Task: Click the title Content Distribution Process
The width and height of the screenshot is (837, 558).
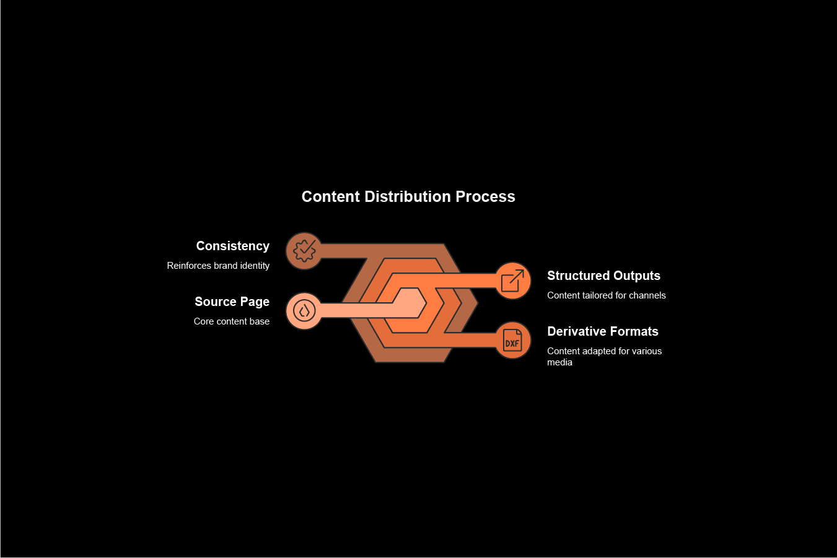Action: pos(408,196)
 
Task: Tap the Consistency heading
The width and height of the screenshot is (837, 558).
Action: pos(232,246)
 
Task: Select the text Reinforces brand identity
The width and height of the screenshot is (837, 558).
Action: pos(218,266)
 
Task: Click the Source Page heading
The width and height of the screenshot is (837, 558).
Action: pos(232,302)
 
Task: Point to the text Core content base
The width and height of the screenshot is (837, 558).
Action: pos(231,321)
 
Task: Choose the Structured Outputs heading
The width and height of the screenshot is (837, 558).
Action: pos(603,276)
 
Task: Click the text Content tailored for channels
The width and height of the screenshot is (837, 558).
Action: pos(606,295)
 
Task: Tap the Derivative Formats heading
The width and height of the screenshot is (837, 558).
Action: pos(602,331)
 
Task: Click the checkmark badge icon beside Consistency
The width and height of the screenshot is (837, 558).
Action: pos(304,251)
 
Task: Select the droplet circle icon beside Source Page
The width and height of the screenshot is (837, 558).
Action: pos(304,310)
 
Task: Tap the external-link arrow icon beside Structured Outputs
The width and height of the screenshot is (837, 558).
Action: pos(512,281)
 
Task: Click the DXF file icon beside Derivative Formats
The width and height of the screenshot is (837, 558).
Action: pos(512,340)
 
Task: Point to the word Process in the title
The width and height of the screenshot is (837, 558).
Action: pos(485,196)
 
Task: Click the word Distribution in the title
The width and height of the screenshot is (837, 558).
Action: pos(408,196)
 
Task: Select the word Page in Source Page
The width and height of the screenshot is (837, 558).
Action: pos(255,302)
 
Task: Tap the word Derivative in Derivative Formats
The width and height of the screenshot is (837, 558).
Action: pos(575,331)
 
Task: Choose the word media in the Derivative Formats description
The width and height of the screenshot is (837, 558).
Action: pos(559,362)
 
